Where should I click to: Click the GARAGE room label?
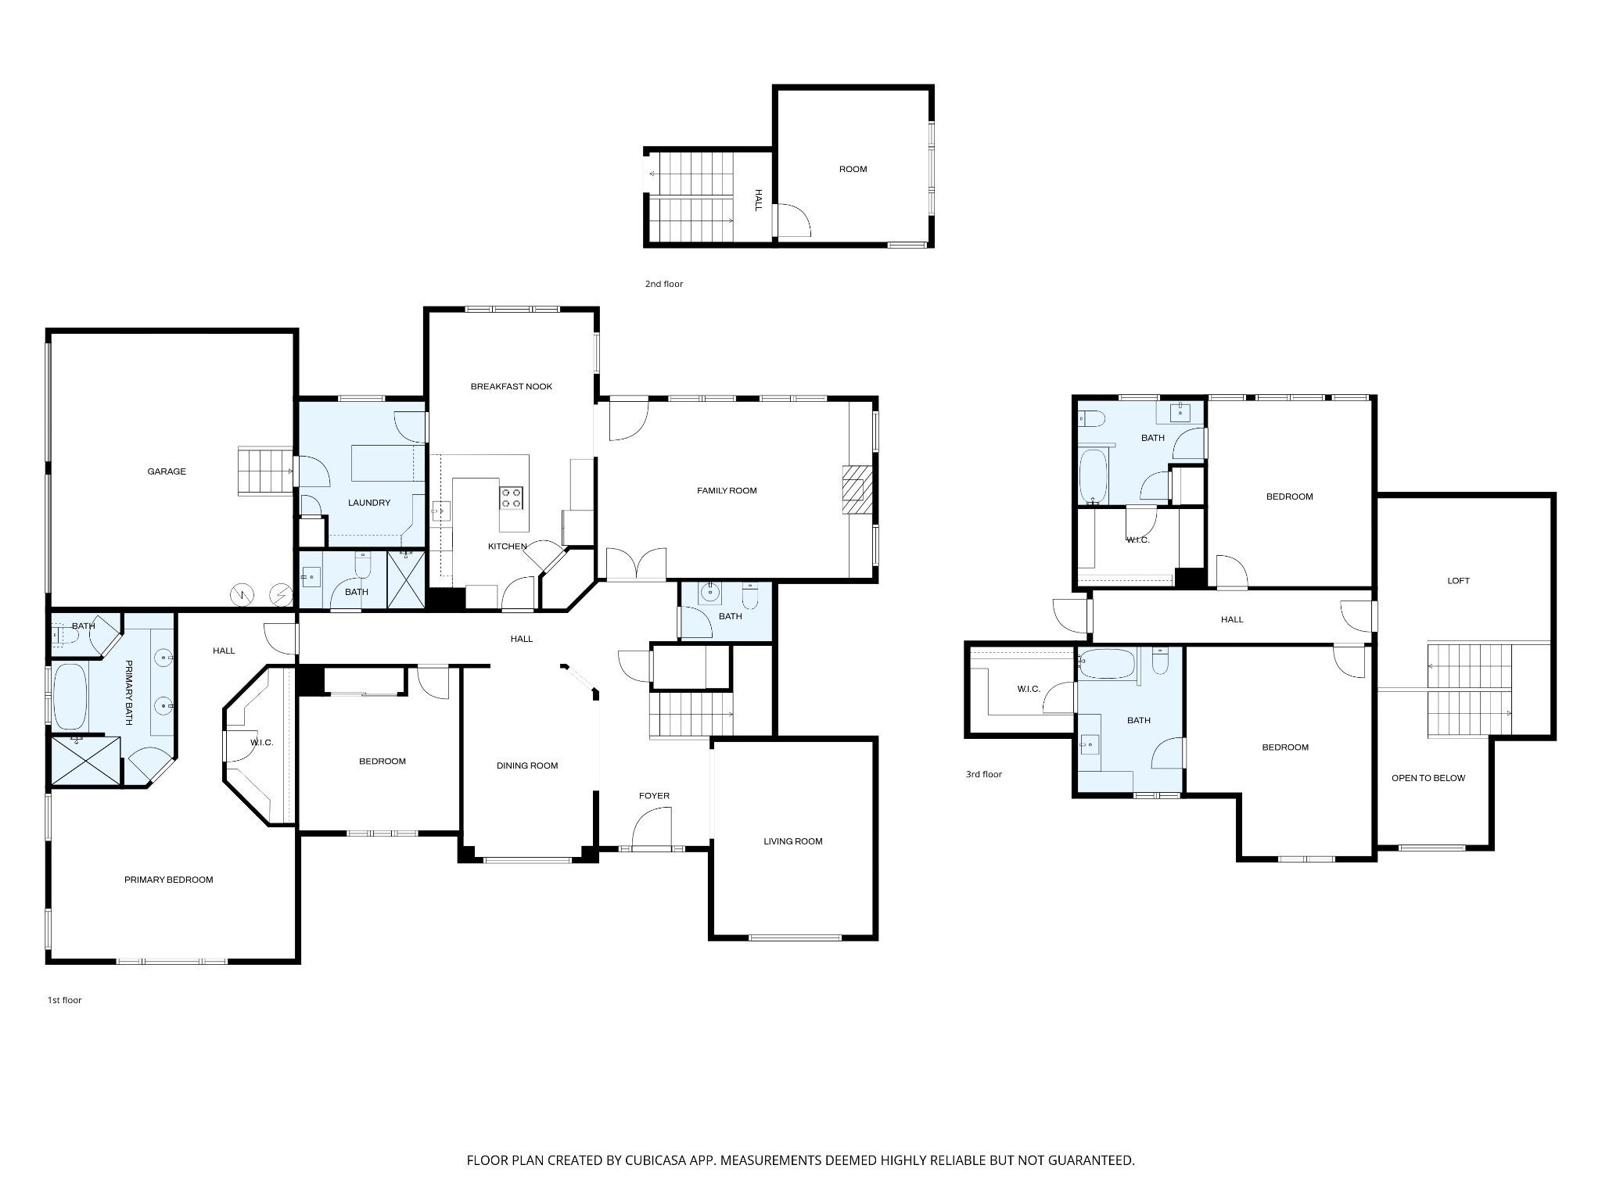(167, 471)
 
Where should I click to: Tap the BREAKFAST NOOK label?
(512, 386)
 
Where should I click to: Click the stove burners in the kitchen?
(512, 497)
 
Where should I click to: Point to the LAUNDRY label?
(369, 503)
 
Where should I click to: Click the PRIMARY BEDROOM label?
(169, 880)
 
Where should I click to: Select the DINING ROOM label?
(527, 765)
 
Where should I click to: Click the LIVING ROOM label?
(793, 841)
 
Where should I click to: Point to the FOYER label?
(655, 796)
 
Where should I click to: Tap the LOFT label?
(1459, 581)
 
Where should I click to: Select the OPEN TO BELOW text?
(1428, 778)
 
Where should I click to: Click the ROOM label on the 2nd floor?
(853, 169)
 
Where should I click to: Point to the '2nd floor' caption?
(664, 284)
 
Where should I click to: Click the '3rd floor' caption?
(984, 774)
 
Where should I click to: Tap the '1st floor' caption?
(65, 1000)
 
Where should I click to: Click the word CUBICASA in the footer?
(644, 1160)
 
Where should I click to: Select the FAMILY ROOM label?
(727, 490)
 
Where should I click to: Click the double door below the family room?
(637, 565)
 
